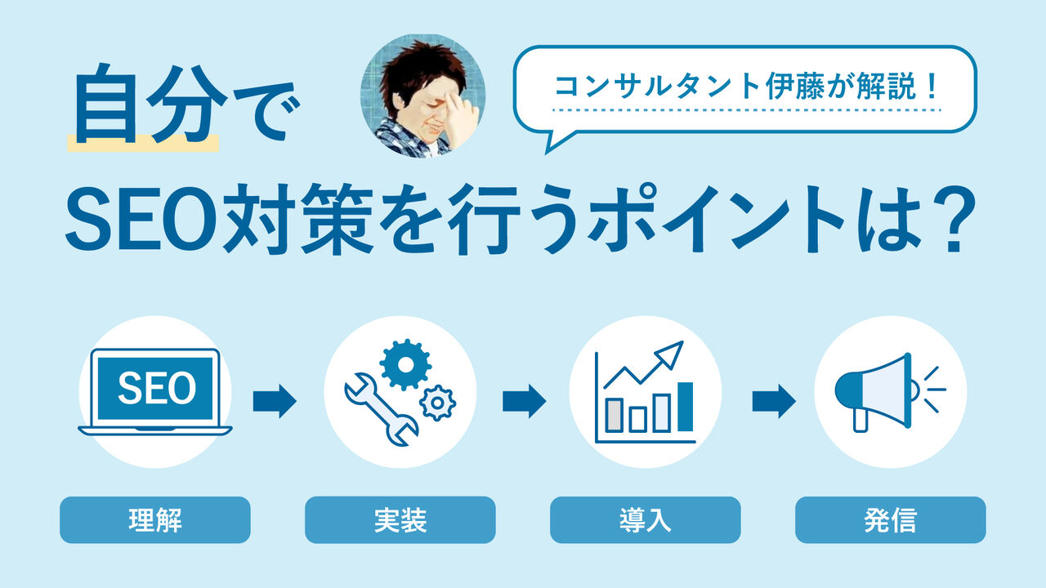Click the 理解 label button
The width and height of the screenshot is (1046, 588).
[155, 520]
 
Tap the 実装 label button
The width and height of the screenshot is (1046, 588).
[400, 520]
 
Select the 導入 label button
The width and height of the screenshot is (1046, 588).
[646, 520]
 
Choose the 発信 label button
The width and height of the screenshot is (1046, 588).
[891, 520]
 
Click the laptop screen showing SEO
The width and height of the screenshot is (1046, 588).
[155, 388]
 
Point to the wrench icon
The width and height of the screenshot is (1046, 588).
[381, 408]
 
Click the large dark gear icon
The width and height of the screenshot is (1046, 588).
[405, 364]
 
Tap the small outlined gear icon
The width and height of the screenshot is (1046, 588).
[437, 403]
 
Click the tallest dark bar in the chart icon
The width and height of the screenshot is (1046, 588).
[685, 407]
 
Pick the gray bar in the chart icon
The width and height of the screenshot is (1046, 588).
[614, 415]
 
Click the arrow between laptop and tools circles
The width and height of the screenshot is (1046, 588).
[275, 401]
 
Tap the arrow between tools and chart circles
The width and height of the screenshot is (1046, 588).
[524, 401]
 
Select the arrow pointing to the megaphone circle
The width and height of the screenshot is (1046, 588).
[774, 401]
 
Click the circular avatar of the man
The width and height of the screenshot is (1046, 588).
[423, 96]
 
